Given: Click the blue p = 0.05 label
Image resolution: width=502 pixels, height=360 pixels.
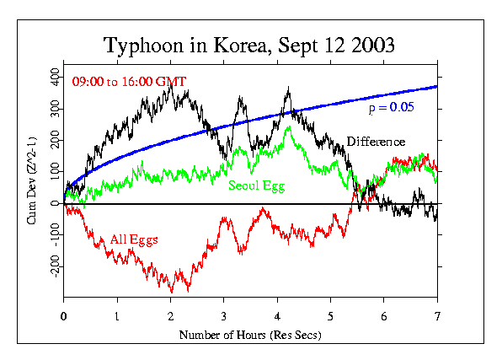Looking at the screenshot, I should (x=393, y=109).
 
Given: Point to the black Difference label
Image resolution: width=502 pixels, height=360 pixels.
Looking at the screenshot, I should (x=376, y=142).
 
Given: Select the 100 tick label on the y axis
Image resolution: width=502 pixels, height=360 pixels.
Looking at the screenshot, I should (x=53, y=172).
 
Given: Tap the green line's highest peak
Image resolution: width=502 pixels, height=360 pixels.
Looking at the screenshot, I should (x=289, y=127).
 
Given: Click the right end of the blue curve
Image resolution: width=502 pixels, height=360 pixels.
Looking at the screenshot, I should (x=437, y=87).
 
